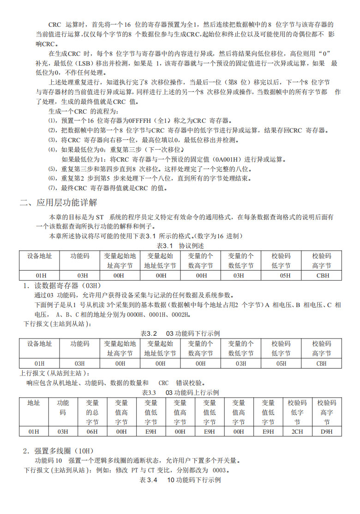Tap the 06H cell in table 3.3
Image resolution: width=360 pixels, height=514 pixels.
click(x=92, y=431)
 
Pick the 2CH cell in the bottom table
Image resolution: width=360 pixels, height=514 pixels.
click(x=297, y=431)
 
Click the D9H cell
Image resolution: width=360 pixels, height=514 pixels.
click(x=327, y=431)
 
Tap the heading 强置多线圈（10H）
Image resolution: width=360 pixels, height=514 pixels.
click(x=65, y=451)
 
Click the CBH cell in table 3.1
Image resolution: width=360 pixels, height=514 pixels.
click(x=321, y=275)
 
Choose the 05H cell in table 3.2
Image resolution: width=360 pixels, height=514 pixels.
click(x=281, y=363)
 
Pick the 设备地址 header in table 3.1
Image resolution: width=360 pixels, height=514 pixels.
click(x=39, y=255)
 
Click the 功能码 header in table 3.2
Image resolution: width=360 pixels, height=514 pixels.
click(x=80, y=344)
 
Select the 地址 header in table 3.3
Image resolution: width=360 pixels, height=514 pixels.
click(x=34, y=403)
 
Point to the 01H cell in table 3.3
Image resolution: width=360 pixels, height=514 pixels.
click(x=34, y=431)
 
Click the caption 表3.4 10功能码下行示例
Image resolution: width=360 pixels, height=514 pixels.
click(x=180, y=480)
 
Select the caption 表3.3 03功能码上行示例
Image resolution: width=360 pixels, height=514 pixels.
click(x=180, y=392)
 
